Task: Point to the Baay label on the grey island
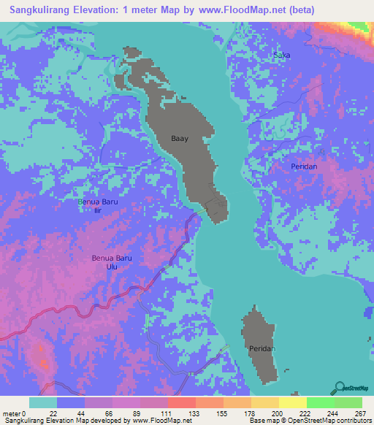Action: pyautogui.click(x=180, y=137)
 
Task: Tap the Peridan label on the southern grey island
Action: pyautogui.click(x=262, y=348)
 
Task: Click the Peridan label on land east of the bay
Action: pyautogui.click(x=303, y=167)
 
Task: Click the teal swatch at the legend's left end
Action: pyautogui.click(x=43, y=402)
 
